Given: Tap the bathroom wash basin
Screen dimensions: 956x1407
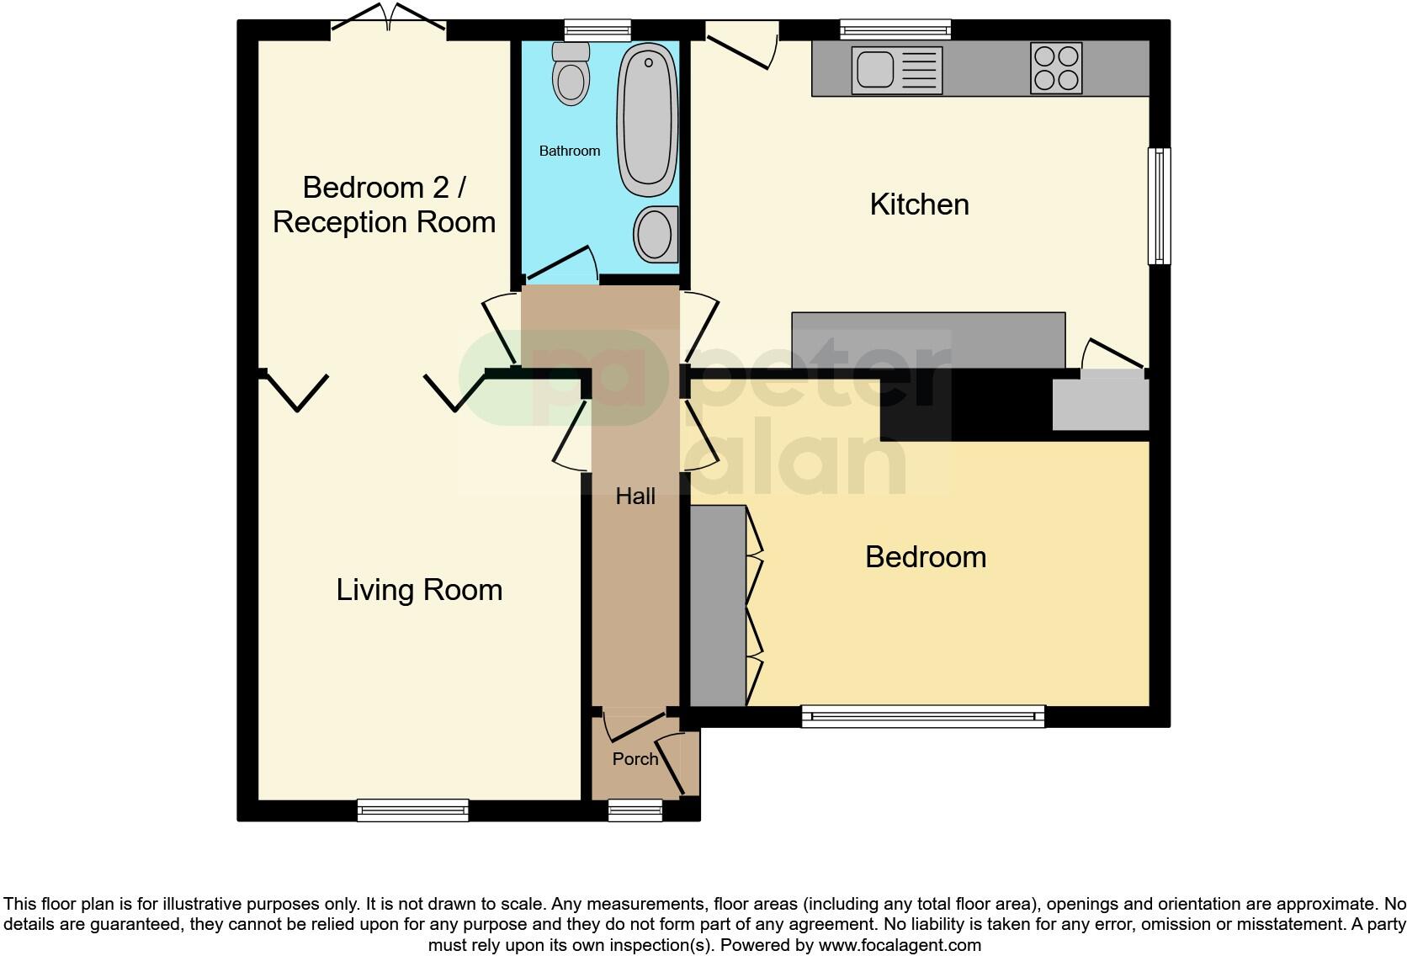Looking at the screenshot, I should point(656,233).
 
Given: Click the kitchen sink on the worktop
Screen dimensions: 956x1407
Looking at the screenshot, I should point(896,70).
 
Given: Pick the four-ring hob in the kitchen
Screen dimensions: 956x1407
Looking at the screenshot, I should point(1056,68).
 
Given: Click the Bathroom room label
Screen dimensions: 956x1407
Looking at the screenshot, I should point(570,151).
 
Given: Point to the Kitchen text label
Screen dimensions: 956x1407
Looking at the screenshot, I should point(919,204).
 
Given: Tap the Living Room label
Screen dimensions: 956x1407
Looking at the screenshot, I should point(419,590).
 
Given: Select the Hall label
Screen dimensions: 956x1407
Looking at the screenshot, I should point(635,497).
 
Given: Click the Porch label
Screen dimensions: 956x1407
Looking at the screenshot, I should point(634,759).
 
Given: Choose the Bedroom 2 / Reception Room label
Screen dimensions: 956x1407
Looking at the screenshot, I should point(384,204).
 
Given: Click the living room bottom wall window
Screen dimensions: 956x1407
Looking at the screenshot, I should point(412,810).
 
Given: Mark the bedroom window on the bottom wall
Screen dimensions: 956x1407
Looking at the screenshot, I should point(922,716).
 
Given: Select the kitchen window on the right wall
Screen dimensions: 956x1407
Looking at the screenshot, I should point(1160,206).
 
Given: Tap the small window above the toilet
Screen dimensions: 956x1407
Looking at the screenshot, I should point(597,30).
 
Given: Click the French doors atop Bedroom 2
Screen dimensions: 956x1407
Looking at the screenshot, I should point(388,24).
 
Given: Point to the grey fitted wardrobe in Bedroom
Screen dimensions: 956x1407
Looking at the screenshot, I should point(718,605).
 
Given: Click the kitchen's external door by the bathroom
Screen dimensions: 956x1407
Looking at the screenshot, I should point(741,46).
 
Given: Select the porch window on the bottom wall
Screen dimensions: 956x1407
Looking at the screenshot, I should point(635,810).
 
